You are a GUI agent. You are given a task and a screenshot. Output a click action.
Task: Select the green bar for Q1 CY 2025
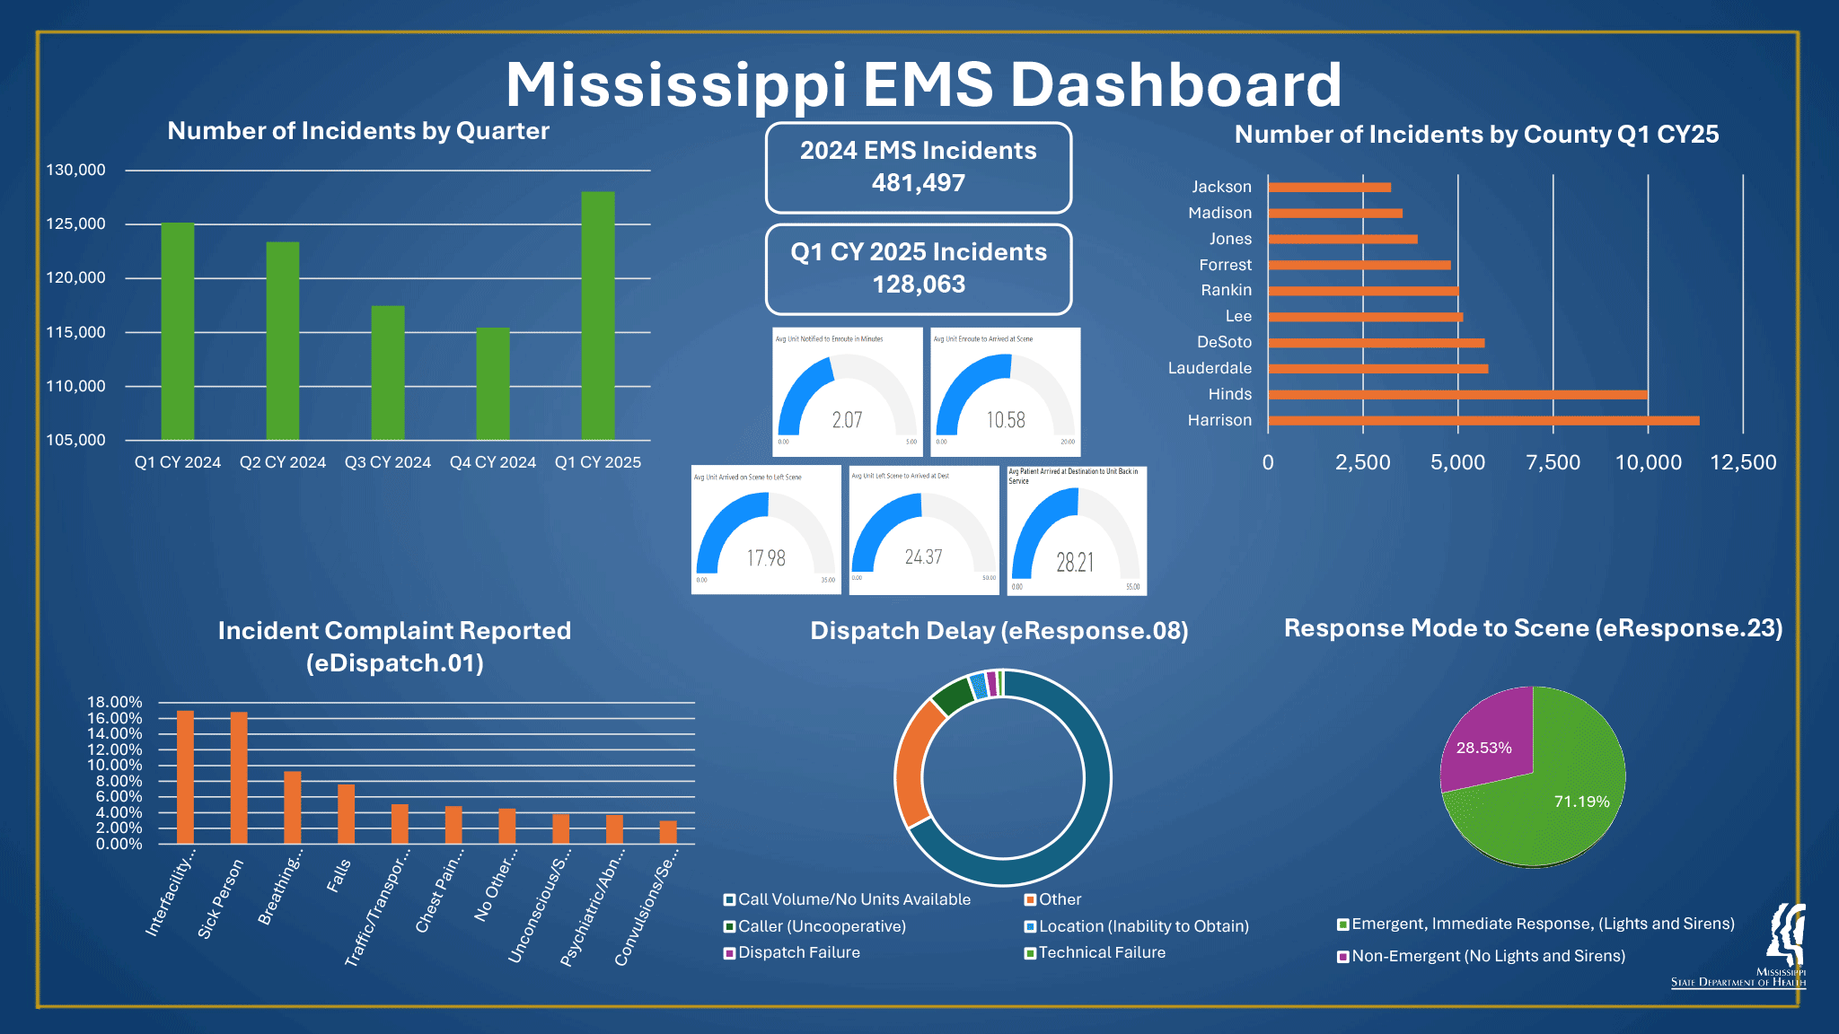point(598,315)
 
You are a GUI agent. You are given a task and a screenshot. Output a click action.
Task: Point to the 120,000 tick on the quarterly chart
point(76,278)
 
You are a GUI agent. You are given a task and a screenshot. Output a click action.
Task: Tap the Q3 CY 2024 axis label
point(388,462)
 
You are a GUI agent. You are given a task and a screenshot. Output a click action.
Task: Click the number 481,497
point(918,183)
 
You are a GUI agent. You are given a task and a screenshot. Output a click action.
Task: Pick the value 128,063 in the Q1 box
point(919,285)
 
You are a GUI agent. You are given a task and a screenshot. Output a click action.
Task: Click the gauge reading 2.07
point(847,420)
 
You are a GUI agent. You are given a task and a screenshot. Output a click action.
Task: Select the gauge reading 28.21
point(1075,563)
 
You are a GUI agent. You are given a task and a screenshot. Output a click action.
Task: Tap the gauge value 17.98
point(766,558)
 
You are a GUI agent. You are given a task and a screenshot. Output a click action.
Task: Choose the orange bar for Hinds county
point(1457,394)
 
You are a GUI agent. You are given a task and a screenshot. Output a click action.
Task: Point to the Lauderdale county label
point(1210,368)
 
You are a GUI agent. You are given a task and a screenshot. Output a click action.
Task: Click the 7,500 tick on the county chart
point(1553,463)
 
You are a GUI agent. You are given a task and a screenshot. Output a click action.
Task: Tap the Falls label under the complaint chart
point(339,875)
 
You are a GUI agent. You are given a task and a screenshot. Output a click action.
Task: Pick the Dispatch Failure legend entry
point(798,952)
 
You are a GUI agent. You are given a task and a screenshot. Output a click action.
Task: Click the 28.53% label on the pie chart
point(1483,748)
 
